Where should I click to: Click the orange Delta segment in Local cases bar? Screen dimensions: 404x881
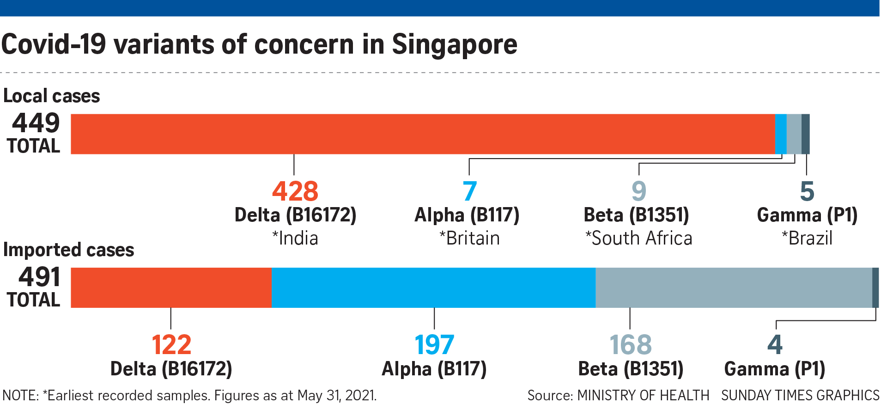[422, 134]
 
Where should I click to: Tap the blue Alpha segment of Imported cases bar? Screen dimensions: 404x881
[433, 288]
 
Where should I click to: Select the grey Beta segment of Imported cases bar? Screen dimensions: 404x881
[734, 288]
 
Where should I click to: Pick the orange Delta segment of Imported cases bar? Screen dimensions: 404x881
[171, 288]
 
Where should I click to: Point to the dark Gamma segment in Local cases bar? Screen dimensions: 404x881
[805, 134]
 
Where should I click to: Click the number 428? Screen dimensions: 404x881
[295, 191]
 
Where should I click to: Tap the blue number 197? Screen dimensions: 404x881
[434, 345]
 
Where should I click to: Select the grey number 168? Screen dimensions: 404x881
[631, 345]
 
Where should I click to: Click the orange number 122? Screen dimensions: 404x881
[171, 345]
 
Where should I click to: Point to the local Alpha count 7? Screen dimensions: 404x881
[469, 191]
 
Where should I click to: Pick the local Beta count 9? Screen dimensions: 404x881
[639, 191]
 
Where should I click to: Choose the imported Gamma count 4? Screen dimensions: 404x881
[775, 345]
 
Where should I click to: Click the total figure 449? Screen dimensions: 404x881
[36, 123]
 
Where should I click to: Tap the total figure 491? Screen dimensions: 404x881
[39, 277]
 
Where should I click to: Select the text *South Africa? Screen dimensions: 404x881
[639, 239]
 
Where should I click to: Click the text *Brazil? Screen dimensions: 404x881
[807, 239]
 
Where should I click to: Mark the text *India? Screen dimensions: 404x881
[295, 239]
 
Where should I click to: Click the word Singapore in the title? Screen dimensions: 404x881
[455, 45]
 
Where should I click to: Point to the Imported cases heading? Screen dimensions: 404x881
[68, 250]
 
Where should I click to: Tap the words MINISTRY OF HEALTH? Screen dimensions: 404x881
[643, 396]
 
